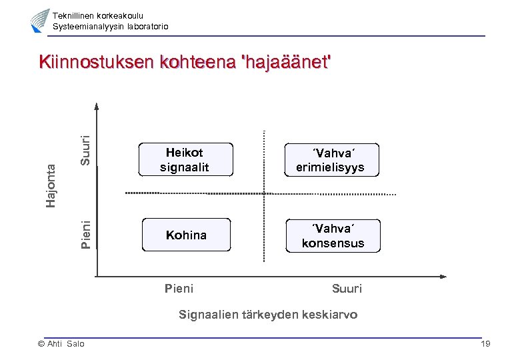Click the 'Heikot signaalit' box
[185, 160]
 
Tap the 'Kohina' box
[186, 235]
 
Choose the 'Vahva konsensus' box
[333, 236]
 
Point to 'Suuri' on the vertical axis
[86, 150]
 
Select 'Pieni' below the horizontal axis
[179, 289]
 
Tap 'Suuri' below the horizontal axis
[347, 289]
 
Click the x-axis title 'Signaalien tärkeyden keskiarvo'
[268, 315]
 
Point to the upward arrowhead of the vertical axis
[97, 105]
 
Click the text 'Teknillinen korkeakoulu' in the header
[97, 15]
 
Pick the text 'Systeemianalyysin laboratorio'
[110, 26]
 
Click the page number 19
[485, 343]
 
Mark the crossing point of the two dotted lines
[265, 193]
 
